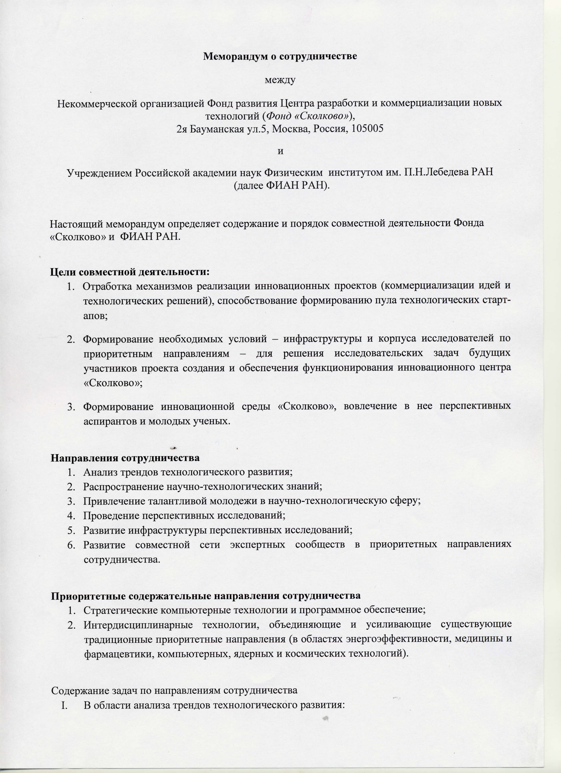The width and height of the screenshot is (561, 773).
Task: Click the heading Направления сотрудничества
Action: point(125,458)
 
